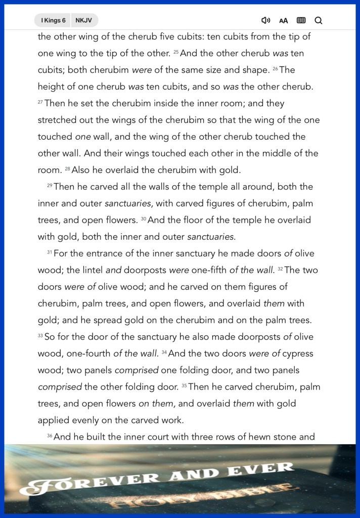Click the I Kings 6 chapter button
click(x=53, y=20)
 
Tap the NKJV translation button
click(x=84, y=20)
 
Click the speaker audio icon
click(x=265, y=20)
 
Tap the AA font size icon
click(x=284, y=21)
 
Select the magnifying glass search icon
click(x=319, y=20)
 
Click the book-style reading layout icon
click(x=301, y=20)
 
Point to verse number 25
click(x=176, y=52)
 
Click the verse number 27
click(x=40, y=102)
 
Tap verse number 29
click(x=50, y=185)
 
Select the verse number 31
click(x=50, y=252)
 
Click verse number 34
click(x=164, y=352)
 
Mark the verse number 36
click(x=50, y=436)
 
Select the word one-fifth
click(x=209, y=270)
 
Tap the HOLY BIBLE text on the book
click(x=202, y=495)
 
